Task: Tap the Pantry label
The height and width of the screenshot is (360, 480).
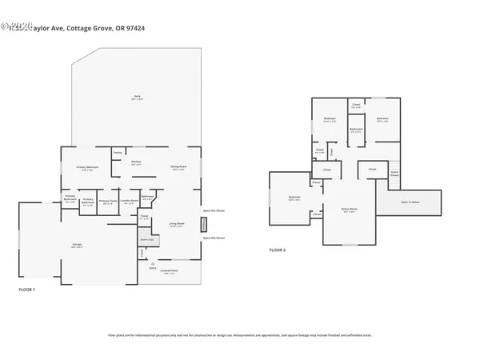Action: pos(117,152)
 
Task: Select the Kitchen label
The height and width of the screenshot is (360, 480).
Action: pos(136,163)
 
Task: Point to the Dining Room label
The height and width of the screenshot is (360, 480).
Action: pos(178,167)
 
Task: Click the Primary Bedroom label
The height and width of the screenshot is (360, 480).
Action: pos(87,167)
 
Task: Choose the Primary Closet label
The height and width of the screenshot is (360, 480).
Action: pos(108,202)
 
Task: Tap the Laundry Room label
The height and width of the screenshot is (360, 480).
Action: pos(128,202)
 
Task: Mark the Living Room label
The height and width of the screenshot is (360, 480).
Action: pos(177,225)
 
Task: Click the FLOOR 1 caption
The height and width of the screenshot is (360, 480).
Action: pos(27,289)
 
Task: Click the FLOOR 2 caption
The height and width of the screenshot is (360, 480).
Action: pos(277,250)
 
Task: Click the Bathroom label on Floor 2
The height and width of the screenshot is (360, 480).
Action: pos(356,130)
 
